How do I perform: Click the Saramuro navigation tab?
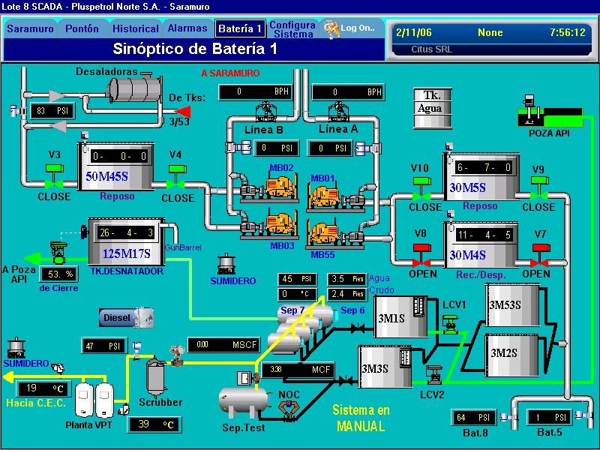30,29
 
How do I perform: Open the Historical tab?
136,29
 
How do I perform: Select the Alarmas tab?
187,28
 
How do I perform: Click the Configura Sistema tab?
293,29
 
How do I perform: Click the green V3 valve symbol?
54,181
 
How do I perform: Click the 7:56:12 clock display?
566,33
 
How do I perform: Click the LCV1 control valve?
451,323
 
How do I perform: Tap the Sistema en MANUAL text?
361,418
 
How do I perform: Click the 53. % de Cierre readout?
58,274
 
